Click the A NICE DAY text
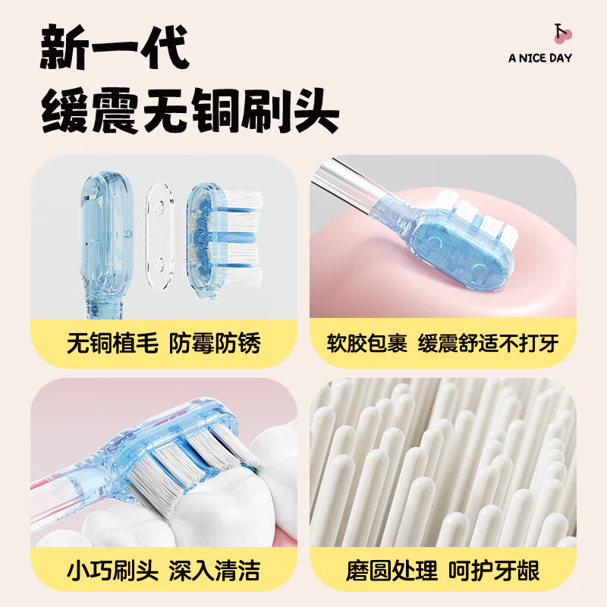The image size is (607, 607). point(540,58)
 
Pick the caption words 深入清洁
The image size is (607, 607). point(224,569)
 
